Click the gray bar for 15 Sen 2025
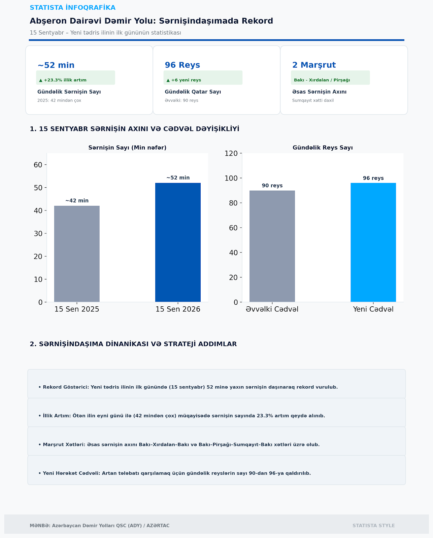[x=77, y=254]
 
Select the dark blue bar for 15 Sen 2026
[x=178, y=242]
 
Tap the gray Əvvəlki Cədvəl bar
[x=272, y=246]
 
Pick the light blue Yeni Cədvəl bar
[x=373, y=242]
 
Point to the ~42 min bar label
[x=77, y=200]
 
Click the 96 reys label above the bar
[x=373, y=178]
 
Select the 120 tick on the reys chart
[x=231, y=153]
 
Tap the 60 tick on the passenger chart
[x=38, y=165]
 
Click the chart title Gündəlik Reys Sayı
[x=323, y=148]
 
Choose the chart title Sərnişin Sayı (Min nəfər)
[x=127, y=148]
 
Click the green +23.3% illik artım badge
[x=76, y=78]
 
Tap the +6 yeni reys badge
[x=203, y=78]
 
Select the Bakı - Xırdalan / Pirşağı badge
[x=330, y=78]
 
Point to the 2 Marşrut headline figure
[x=314, y=65]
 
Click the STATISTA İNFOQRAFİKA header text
[x=73, y=8]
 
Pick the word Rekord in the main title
[x=257, y=21]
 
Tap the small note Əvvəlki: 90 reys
[x=181, y=100]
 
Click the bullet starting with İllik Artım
[x=181, y=416]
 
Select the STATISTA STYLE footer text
[x=373, y=526]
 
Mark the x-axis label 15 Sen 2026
[x=178, y=309]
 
